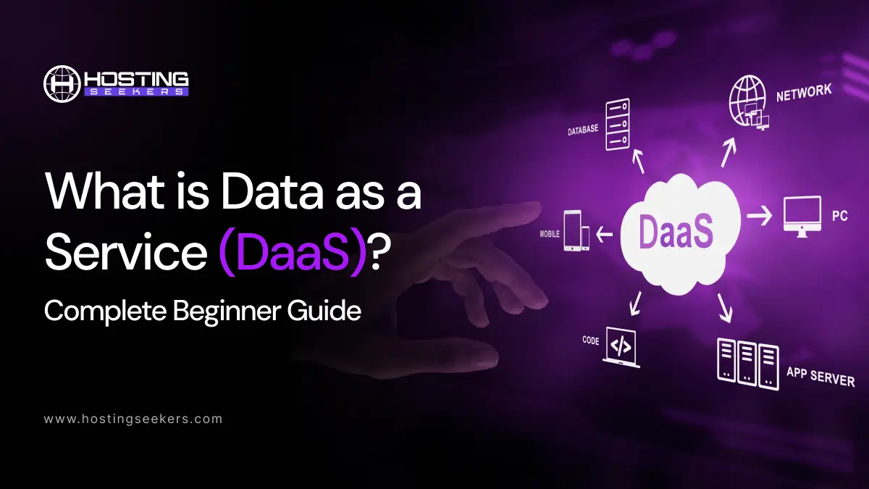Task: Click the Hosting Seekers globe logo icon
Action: coord(62,84)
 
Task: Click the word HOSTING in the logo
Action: coord(136,78)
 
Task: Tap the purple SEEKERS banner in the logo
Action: coord(136,93)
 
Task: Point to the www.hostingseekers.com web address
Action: coord(133,419)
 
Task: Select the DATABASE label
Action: coord(583,130)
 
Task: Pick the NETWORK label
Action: coord(804,93)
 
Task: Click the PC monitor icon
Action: coord(802,216)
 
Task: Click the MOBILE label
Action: coord(548,234)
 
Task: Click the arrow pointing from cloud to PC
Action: coord(759,215)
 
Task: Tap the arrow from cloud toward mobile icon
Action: coord(605,234)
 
